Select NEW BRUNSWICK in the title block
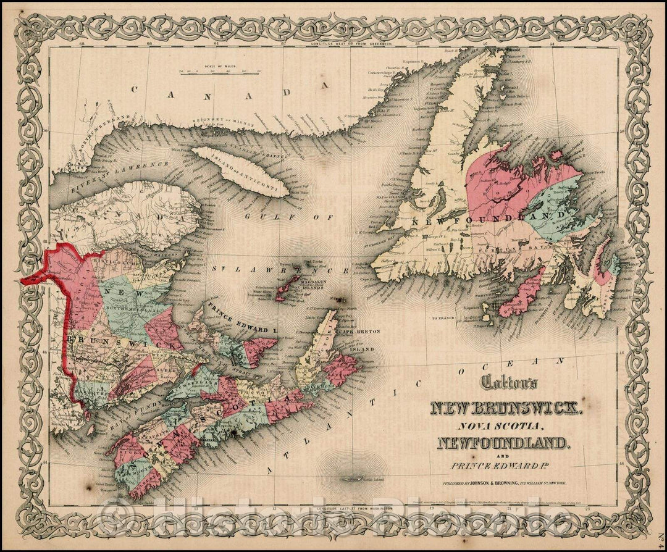[505, 408]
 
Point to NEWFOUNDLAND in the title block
[501, 442]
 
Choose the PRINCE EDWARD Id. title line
[504, 464]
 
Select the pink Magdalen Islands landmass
[288, 288]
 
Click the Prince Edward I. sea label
[237, 319]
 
